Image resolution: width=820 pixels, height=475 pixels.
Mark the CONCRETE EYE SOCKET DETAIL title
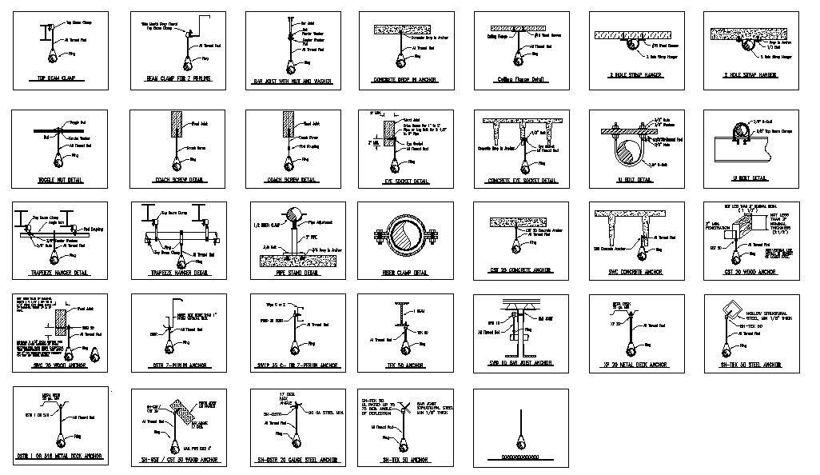[x=521, y=181]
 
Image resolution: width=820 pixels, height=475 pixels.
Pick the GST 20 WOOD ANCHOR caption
[x=750, y=272]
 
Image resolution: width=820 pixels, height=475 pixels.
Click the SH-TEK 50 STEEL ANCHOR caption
[x=750, y=365]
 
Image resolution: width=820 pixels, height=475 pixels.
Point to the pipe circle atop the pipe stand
[x=293, y=216]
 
